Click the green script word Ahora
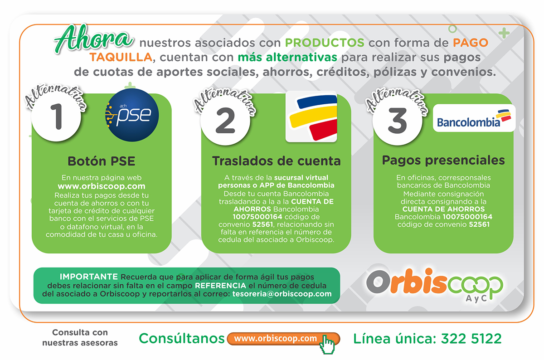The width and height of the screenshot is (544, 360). coord(93,39)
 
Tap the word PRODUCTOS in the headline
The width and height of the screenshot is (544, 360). coord(325,43)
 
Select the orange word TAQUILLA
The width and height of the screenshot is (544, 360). coord(121,57)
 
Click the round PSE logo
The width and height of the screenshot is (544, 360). coord(132,115)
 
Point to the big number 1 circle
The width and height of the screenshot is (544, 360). coord(56,117)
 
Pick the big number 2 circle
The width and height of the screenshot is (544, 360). coord(225,121)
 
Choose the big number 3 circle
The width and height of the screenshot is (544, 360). coord(397,121)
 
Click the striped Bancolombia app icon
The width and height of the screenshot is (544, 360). coord(311,117)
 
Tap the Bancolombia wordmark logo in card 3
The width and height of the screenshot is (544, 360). coord(474,118)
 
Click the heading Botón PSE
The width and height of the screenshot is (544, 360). coord(101,161)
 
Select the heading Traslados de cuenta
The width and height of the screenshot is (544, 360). coord(277,161)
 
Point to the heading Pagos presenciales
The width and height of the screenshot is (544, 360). coord(443,161)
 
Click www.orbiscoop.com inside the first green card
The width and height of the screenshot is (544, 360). coord(102,186)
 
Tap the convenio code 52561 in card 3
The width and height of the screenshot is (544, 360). coord(479,224)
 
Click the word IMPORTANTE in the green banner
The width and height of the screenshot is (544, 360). coord(89,277)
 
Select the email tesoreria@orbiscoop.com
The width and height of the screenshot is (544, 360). coord(282,294)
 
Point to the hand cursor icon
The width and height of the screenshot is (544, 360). coord(327,344)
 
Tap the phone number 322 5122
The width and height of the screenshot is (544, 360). coord(471,339)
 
